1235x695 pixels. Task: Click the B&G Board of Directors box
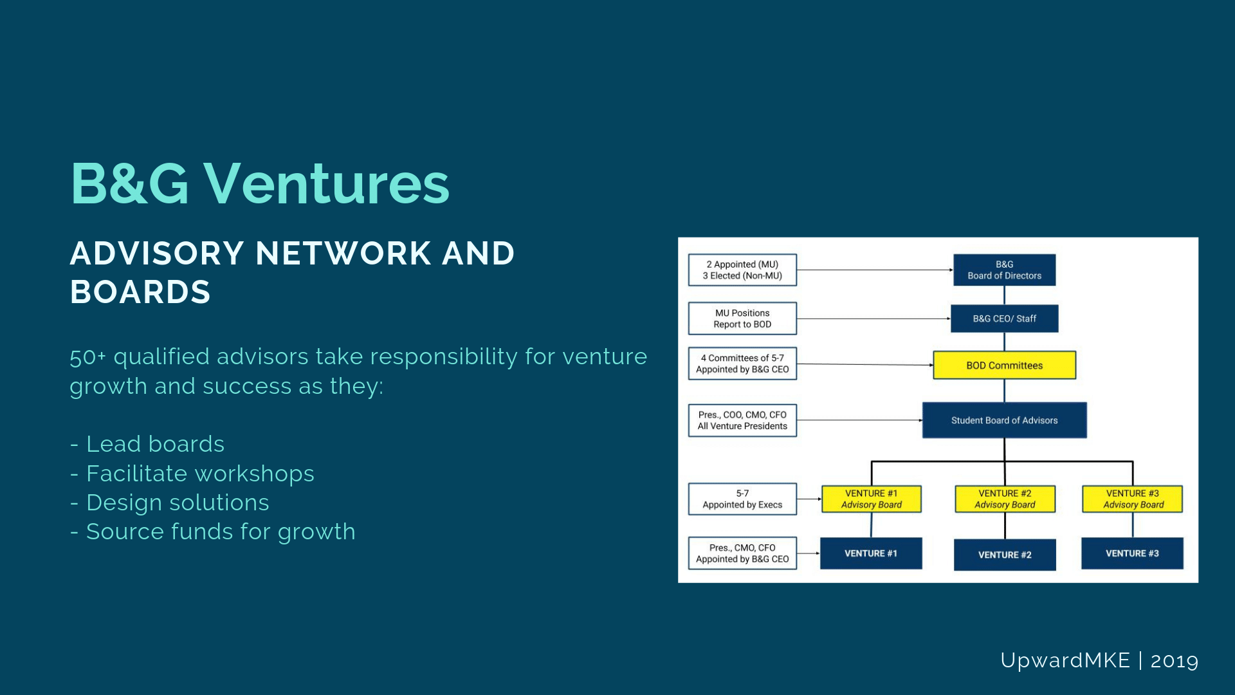pos(1004,270)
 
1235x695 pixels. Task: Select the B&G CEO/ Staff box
pos(1004,319)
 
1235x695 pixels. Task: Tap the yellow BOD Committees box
pos(1004,365)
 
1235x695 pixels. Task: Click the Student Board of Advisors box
pos(1004,420)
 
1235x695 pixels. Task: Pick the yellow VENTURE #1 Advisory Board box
pos(871,499)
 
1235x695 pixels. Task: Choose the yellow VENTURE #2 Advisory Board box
pos(1005,499)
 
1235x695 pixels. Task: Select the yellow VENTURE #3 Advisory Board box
pos(1132,499)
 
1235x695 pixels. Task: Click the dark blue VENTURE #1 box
pos(871,553)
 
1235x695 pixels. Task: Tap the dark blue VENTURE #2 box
pos(1005,555)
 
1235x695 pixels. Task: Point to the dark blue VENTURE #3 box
pos(1132,553)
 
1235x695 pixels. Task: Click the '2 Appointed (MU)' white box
pos(742,270)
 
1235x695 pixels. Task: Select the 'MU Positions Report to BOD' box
pos(742,319)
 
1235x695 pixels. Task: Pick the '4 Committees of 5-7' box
pos(742,364)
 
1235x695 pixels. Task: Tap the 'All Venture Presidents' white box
pos(742,420)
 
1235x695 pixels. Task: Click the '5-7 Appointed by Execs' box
pos(742,499)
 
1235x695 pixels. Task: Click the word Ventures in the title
pos(327,184)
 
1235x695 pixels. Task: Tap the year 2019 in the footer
pos(1175,661)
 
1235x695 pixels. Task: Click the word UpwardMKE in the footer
pos(1065,661)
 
